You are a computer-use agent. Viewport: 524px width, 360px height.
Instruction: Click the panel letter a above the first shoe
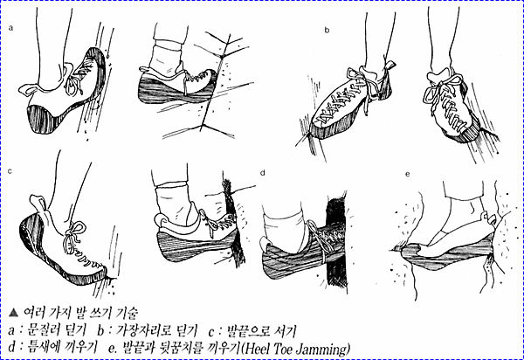[x=10, y=28]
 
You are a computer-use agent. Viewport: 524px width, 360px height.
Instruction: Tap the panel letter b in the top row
[x=327, y=30]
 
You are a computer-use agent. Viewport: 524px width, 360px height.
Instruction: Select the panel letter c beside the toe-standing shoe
[x=10, y=171]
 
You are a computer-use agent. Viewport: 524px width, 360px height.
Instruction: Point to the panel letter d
[x=263, y=172]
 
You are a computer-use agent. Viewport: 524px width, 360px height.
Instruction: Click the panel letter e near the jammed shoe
[x=407, y=174]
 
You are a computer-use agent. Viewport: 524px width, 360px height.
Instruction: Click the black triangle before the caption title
[x=14, y=313]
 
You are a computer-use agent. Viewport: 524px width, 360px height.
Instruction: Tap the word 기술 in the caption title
[x=128, y=313]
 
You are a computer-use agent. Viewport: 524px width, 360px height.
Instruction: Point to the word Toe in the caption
[x=283, y=349]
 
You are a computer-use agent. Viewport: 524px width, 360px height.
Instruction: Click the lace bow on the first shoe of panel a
[x=74, y=80]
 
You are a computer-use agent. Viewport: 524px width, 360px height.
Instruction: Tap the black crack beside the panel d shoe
[x=335, y=240]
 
